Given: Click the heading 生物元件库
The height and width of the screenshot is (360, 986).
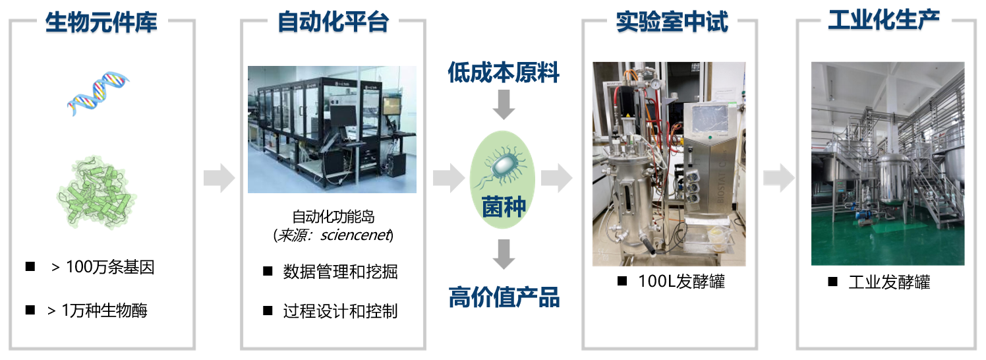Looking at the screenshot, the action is pyautogui.click(x=101, y=22).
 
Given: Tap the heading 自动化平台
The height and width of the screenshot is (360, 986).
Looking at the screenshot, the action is pyautogui.click(x=333, y=22).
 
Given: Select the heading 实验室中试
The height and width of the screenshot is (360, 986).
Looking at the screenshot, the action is pyautogui.click(x=672, y=22).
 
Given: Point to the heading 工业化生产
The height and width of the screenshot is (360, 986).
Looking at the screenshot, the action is pyautogui.click(x=884, y=20).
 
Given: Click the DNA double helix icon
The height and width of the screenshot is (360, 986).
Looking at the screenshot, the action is pyautogui.click(x=98, y=94).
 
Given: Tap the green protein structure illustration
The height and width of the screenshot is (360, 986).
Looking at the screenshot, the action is pyautogui.click(x=97, y=192).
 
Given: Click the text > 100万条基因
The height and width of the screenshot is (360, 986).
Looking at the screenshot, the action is pyautogui.click(x=103, y=267).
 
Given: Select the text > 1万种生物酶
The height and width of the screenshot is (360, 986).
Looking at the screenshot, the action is pyautogui.click(x=98, y=311).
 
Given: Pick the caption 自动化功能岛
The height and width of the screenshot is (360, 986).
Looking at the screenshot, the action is pyautogui.click(x=333, y=216).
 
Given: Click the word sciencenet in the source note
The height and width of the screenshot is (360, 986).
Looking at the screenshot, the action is pyautogui.click(x=355, y=235).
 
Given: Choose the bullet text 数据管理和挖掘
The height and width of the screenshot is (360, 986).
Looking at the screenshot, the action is pyautogui.click(x=340, y=272).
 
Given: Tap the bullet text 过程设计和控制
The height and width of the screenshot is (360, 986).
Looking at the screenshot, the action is pyautogui.click(x=340, y=311).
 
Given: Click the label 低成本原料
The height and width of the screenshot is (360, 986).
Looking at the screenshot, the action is pyautogui.click(x=504, y=73).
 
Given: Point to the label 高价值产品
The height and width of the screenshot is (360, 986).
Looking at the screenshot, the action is pyautogui.click(x=504, y=297).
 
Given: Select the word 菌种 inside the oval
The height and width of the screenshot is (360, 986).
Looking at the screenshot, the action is pyautogui.click(x=504, y=207).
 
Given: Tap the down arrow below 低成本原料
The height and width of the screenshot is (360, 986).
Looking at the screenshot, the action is pyautogui.click(x=504, y=105).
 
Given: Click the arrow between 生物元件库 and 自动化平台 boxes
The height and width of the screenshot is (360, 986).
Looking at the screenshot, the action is pyautogui.click(x=219, y=178).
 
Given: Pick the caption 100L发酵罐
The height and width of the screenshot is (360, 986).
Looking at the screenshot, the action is pyautogui.click(x=681, y=282).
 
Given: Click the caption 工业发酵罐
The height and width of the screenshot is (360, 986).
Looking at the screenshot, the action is pyautogui.click(x=890, y=282).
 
